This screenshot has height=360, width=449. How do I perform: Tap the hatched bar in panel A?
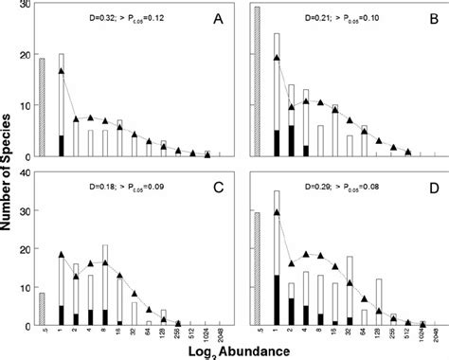42,107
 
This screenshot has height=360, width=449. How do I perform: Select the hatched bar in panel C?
42,310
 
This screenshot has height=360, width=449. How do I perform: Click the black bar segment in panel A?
62,146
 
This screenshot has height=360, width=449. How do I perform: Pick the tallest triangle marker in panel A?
62,71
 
